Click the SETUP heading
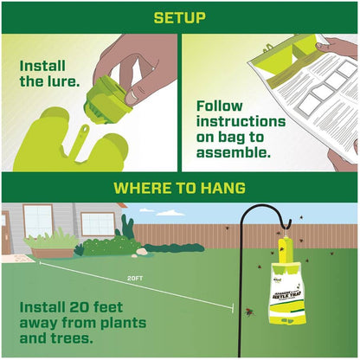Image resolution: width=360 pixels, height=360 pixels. pyautogui.click(x=179, y=16)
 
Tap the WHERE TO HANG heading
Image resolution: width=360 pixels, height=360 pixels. pyautogui.click(x=179, y=187)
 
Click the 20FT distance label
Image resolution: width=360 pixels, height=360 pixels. pyautogui.click(x=134, y=279)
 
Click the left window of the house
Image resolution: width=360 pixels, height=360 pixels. pyautogui.click(x=39, y=220)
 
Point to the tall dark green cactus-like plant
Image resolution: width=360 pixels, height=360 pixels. pyautogui.click(x=127, y=229)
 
